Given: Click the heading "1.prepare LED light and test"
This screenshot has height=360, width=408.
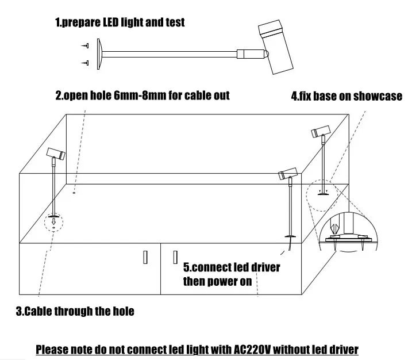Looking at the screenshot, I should click(120, 22).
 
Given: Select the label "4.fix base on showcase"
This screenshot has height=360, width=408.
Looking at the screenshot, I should click(346, 96).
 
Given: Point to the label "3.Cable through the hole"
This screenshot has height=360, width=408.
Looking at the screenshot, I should click(75, 312).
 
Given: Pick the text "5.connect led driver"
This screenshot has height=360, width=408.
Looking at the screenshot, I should click(232, 267).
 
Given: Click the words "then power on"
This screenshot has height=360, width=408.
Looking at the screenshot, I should click(217, 281).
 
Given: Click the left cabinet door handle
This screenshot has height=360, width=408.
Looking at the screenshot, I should click(146, 257).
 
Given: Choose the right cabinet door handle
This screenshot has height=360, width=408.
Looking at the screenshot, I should click(175, 257).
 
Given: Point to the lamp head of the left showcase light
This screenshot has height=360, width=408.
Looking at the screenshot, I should click(56, 154).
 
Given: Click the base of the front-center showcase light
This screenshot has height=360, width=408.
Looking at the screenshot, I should click(290, 236).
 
